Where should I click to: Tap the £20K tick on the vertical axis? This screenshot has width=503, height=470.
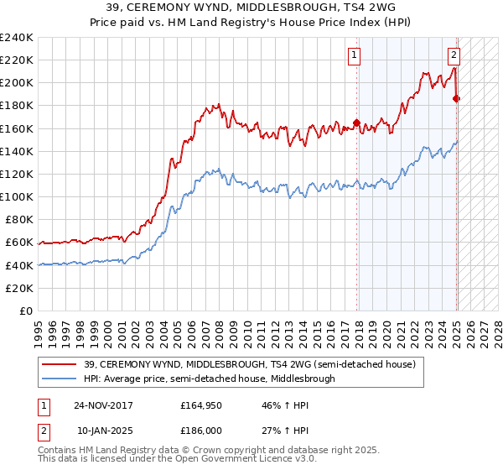click(x=19, y=287)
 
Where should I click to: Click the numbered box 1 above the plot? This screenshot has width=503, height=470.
click(x=355, y=56)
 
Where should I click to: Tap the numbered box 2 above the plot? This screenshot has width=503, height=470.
click(x=454, y=56)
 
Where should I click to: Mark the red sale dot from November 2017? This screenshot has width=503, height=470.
click(x=356, y=123)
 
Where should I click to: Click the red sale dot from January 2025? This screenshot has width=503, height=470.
click(x=457, y=99)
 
